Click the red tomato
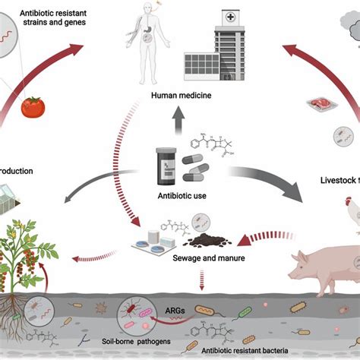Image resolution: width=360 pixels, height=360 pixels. coord(33,107)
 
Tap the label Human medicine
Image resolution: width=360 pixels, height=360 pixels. coord(180,95)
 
